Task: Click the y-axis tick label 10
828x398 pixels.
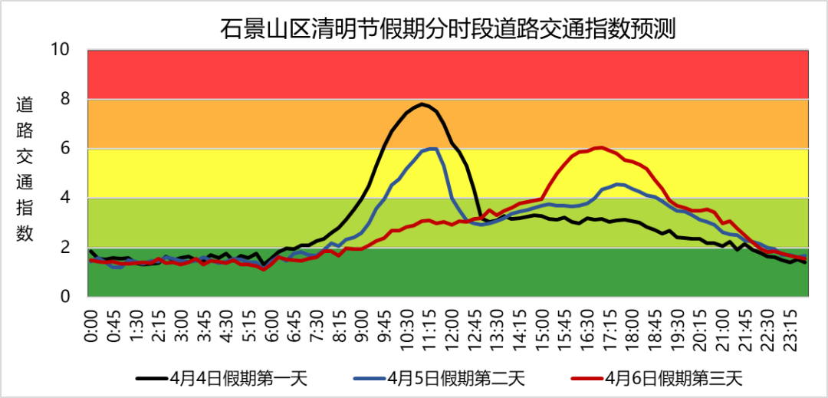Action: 60,50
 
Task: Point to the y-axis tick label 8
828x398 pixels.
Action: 65,99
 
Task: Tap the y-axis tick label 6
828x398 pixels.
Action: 65,149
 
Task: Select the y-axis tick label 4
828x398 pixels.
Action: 65,198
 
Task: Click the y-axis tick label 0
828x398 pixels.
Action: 65,297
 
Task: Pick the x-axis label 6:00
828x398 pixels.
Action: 271,325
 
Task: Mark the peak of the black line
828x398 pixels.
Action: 422,104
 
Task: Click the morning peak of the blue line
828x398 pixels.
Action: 434,149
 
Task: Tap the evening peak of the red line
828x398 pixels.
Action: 601,147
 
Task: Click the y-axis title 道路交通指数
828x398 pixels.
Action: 25,169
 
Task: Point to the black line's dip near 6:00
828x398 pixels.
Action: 264,265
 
